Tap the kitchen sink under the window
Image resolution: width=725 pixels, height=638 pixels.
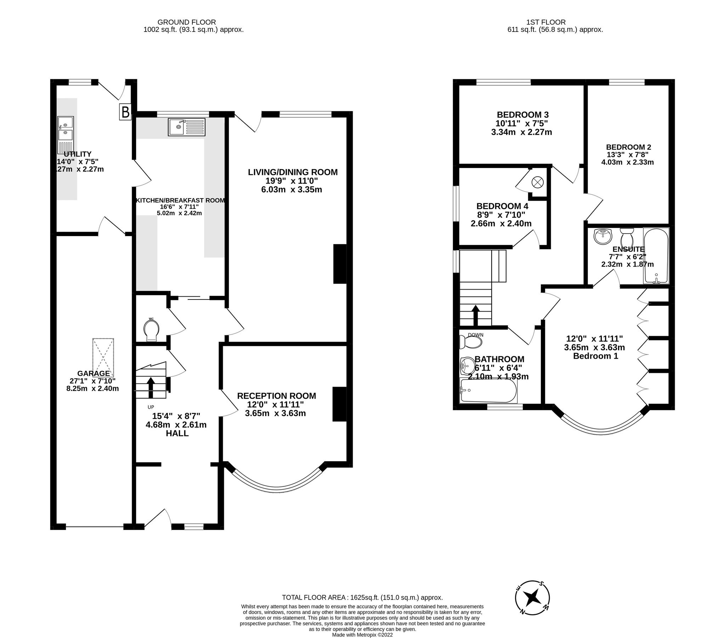pos(187,127)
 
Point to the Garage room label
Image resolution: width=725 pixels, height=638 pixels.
pos(94,374)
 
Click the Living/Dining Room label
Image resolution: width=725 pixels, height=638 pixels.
pos(292,172)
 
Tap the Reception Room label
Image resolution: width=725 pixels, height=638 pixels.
pos(276,396)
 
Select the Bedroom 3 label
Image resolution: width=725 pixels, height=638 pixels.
pos(522,115)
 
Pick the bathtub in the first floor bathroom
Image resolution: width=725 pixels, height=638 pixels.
pos(488,390)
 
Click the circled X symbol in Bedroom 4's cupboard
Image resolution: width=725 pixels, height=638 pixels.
pos(537,183)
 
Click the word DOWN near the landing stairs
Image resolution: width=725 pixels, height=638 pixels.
pos(475,335)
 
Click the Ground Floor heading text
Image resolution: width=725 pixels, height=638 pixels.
pos(187,22)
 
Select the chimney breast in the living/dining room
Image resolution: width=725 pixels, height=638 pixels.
pos(339,264)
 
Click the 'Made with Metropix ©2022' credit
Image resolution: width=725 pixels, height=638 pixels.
pos(362,635)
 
